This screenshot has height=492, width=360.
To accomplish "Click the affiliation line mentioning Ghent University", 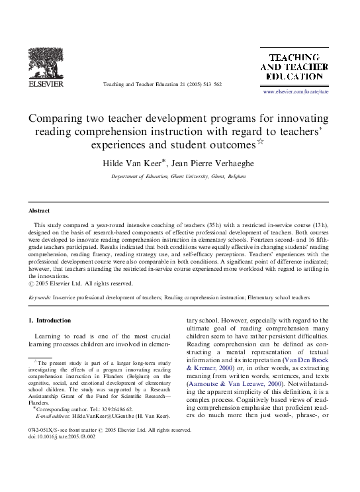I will point(179,177).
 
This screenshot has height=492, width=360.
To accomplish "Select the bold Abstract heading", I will point(39,210).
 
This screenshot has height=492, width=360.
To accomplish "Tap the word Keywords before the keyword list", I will point(40,299).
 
